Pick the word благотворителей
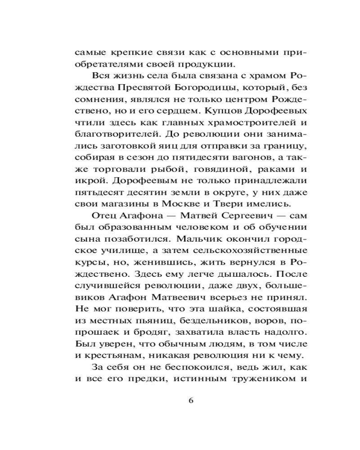pos(118,133)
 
